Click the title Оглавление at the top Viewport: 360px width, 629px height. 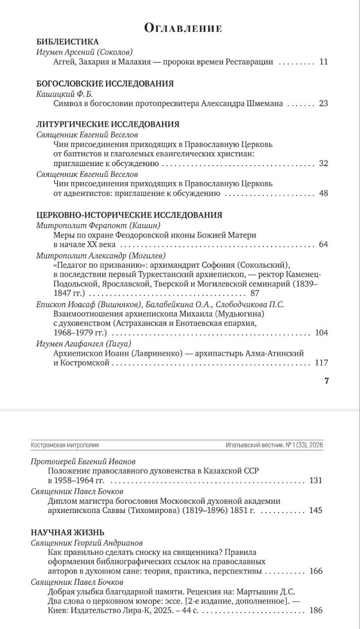point(183,28)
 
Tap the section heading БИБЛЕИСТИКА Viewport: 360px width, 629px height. point(68,42)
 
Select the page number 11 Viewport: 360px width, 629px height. point(323,62)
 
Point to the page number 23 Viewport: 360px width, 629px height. point(323,103)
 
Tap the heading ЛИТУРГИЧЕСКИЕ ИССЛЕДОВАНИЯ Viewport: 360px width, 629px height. point(108,124)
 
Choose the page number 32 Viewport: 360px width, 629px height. point(323,163)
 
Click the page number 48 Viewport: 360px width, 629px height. point(323,193)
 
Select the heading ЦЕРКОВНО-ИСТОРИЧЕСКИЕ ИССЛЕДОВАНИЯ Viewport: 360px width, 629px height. point(130,215)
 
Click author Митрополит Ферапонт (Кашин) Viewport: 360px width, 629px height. point(99,225)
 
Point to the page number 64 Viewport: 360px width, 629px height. point(323,244)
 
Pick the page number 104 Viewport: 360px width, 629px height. point(321,333)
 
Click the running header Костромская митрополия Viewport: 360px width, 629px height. point(65,445)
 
